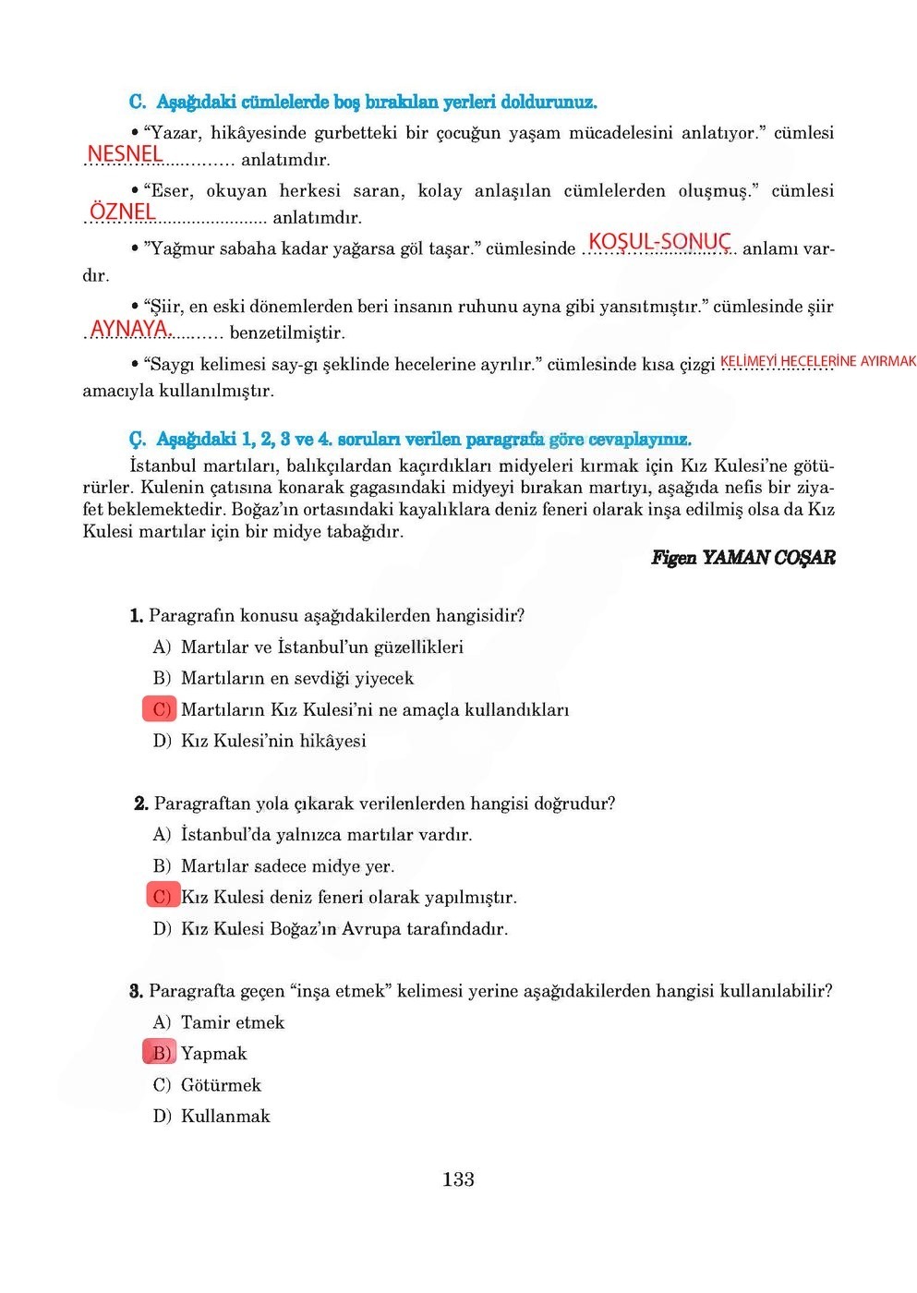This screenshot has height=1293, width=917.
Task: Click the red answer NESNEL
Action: (125, 153)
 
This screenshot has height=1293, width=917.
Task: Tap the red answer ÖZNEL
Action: (123, 211)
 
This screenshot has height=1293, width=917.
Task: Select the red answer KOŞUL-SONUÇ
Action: (659, 242)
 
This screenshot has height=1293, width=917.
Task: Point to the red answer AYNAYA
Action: (130, 328)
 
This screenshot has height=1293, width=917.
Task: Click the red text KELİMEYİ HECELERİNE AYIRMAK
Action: (817, 361)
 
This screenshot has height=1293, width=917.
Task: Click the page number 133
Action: (458, 1179)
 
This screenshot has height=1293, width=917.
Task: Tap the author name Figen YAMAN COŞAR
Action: (742, 557)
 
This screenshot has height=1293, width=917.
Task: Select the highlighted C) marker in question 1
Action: (161, 709)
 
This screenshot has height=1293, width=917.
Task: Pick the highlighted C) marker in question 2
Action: (163, 896)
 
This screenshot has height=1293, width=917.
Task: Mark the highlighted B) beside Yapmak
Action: (161, 1053)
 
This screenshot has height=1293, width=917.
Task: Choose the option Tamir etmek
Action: (232, 1022)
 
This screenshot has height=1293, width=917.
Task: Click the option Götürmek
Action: (221, 1085)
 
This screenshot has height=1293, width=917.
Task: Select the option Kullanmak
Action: (225, 1117)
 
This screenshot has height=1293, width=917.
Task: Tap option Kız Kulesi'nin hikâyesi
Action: (273, 741)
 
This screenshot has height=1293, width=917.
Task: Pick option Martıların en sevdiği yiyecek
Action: (296, 679)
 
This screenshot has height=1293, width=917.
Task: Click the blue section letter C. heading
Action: (138, 102)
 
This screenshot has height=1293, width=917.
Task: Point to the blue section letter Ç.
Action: (138, 439)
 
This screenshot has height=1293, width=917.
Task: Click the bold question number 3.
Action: (136, 991)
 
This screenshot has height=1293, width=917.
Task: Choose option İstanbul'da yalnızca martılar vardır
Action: (326, 835)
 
